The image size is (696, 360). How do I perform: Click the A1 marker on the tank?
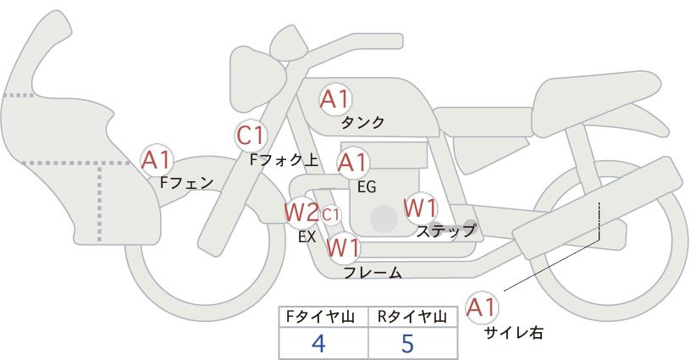(x=335, y=100)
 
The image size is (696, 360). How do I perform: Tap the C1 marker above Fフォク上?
(x=251, y=136)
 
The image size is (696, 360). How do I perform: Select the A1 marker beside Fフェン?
(x=156, y=161)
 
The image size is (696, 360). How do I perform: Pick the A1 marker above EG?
(x=352, y=163)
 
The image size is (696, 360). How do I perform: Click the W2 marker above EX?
(x=301, y=213)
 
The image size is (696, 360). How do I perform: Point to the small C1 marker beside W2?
(x=330, y=215)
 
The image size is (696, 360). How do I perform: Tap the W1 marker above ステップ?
(x=420, y=208)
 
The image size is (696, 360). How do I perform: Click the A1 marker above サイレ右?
(x=482, y=307)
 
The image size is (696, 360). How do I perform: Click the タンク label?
(x=362, y=123)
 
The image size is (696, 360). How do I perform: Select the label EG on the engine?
(x=367, y=187)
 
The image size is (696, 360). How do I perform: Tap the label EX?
(x=307, y=237)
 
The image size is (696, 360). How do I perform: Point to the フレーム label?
(x=373, y=273)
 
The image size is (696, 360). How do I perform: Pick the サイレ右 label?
(x=514, y=333)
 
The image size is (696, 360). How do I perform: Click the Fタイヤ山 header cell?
(x=323, y=317)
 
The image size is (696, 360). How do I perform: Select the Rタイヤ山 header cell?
(x=413, y=317)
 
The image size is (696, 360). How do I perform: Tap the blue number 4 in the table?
(x=318, y=343)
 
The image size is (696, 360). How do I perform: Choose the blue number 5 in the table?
(x=407, y=343)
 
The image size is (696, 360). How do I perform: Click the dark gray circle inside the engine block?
(x=384, y=219)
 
